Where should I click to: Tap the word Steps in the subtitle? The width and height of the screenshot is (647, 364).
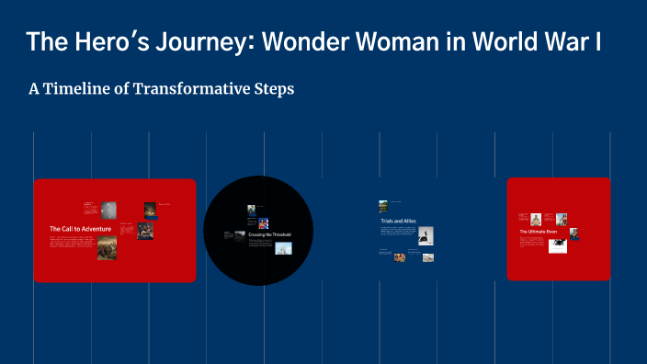click(273, 89)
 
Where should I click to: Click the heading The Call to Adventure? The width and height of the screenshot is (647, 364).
click(81, 228)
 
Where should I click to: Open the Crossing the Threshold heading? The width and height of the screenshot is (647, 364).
click(269, 235)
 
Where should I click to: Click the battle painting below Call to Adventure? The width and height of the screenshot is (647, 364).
click(107, 248)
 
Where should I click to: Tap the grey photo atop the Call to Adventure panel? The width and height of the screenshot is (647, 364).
click(108, 209)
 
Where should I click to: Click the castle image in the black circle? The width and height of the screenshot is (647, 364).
click(283, 248)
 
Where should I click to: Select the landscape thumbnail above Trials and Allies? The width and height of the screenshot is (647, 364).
click(383, 206)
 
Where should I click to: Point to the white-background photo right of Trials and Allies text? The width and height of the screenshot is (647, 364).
click(426, 236)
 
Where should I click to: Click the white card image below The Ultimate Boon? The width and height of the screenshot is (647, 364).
click(558, 245)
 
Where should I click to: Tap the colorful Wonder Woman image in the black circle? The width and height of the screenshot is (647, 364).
click(263, 223)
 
